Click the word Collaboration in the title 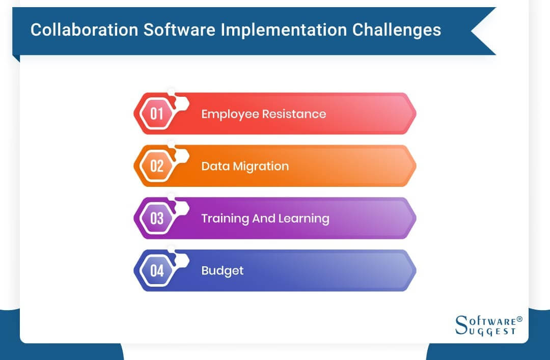pyautogui.click(x=84, y=30)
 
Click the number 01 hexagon pyautogui.click(x=157, y=114)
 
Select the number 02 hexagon pyautogui.click(x=157, y=166)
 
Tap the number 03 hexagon pyautogui.click(x=157, y=218)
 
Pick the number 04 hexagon pyautogui.click(x=157, y=270)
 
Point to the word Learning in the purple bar pyautogui.click(x=304, y=218)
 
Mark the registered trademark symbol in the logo pyautogui.click(x=519, y=319)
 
